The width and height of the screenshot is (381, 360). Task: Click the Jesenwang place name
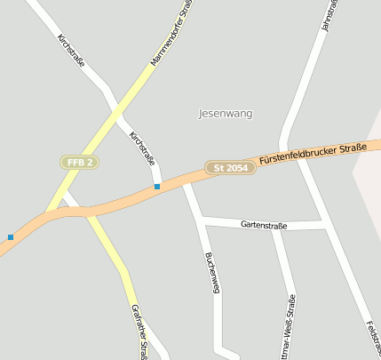click(x=226, y=114)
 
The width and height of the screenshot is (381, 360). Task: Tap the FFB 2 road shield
click(x=79, y=162)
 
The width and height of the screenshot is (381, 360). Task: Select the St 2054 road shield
click(x=230, y=167)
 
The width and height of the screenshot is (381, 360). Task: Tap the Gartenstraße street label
click(x=264, y=226)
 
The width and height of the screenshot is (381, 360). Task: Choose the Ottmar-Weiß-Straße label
click(x=290, y=324)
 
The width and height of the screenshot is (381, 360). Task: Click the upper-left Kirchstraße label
click(x=70, y=52)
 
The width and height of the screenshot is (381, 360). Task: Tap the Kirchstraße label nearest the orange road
click(x=142, y=149)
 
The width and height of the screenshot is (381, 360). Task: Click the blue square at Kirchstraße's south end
click(x=157, y=187)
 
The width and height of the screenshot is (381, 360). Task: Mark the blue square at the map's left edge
click(x=11, y=236)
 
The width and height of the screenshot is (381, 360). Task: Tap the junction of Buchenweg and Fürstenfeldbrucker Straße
click(x=186, y=182)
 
